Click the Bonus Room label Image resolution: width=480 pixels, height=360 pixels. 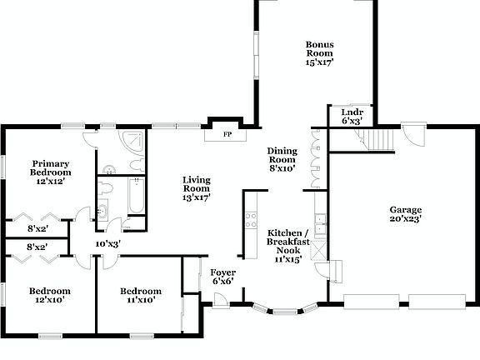click(319, 52)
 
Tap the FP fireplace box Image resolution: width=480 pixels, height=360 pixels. click(226, 133)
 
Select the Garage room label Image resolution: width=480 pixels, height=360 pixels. click(406, 214)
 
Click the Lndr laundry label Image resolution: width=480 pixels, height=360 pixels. click(352, 116)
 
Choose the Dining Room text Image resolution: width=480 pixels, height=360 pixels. click(282, 159)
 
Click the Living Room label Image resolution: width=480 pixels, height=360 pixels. click(197, 188)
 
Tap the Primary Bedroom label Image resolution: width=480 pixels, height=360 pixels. click(50, 171)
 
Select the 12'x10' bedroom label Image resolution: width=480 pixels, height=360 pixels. click(50, 295)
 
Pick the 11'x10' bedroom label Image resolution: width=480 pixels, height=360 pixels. click(140, 295)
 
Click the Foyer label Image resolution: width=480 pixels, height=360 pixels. click(222, 277)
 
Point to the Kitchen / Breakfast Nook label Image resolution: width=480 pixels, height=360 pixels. click(288, 245)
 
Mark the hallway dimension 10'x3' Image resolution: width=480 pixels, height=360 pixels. click(107, 243)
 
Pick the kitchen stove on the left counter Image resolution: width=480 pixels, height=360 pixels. click(249, 221)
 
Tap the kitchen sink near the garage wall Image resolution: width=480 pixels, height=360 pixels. click(322, 225)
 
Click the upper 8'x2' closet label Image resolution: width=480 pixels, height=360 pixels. click(37, 227)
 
